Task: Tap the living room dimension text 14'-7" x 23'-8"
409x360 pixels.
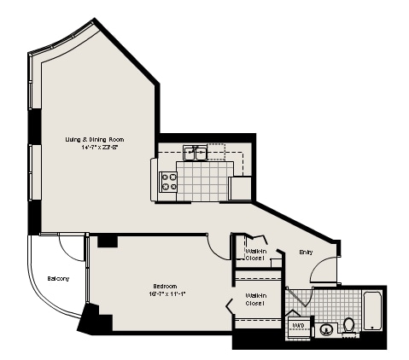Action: point(100,147)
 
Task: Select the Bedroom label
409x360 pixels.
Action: point(166,286)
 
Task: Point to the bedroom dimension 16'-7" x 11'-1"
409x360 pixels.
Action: point(168,294)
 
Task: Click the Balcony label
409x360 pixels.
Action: point(58,279)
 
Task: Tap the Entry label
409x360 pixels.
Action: point(306,252)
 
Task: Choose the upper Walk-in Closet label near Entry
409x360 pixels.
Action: point(255,253)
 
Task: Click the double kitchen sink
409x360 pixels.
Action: point(195,153)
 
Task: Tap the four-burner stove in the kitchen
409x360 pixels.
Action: point(168,182)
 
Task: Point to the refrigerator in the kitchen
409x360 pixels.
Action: point(241,189)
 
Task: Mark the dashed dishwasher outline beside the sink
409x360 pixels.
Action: point(218,152)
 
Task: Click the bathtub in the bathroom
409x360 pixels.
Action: point(374,311)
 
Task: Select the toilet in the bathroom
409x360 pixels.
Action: point(349,325)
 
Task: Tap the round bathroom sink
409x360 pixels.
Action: point(326,329)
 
